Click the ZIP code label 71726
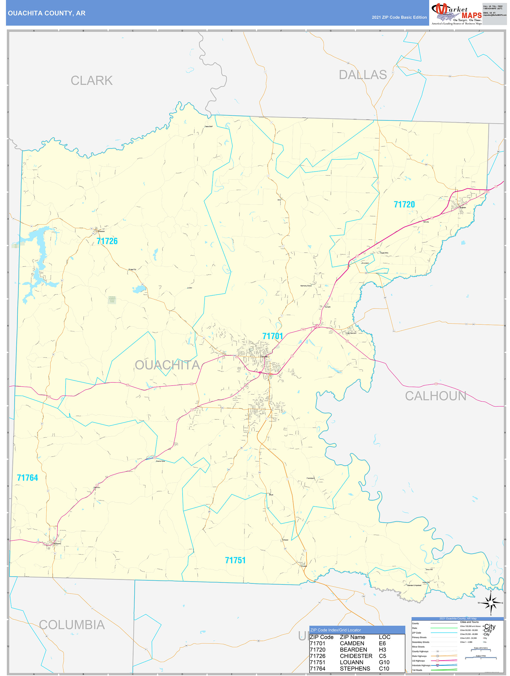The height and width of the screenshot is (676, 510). (x=107, y=241)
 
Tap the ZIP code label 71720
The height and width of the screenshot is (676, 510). (x=404, y=204)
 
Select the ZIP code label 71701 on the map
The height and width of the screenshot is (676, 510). (x=273, y=336)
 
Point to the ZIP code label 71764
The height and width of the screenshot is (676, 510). (x=27, y=478)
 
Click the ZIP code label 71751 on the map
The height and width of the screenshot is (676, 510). (x=235, y=560)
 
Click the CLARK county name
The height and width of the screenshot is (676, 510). (x=92, y=81)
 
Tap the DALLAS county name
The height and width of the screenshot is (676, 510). (x=363, y=75)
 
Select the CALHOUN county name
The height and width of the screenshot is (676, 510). (x=435, y=396)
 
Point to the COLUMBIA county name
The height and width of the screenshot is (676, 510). (x=72, y=625)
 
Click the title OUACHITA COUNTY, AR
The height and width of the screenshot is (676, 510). (x=47, y=13)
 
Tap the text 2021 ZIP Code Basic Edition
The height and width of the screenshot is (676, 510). (x=399, y=17)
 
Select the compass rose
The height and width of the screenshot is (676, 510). (x=491, y=603)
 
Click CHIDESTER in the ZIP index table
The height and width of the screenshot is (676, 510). (x=356, y=656)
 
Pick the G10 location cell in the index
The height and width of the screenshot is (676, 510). (x=384, y=662)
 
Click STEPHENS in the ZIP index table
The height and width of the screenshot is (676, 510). (x=355, y=669)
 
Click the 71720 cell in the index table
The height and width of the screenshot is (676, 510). (x=317, y=650)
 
